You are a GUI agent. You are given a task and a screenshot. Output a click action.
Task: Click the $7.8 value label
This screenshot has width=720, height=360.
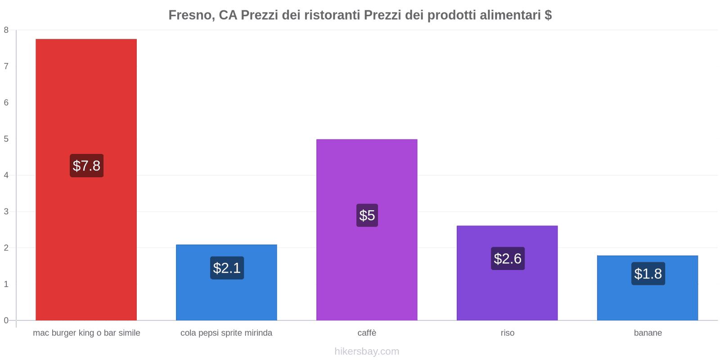tap(86, 166)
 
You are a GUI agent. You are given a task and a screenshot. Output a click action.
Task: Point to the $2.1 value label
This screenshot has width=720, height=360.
tap(227, 268)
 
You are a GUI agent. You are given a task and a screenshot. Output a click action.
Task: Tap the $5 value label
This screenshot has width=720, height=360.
tap(367, 215)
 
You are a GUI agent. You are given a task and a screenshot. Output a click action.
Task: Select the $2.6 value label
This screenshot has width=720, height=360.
tap(508, 259)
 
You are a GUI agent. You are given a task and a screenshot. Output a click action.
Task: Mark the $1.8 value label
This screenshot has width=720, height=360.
tap(648, 274)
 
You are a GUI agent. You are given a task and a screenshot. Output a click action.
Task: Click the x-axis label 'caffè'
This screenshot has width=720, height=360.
tap(367, 333)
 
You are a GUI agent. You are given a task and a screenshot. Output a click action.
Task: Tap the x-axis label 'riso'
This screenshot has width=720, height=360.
tap(507, 333)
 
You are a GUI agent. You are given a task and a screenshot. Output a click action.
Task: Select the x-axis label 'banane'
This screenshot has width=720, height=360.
tap(648, 333)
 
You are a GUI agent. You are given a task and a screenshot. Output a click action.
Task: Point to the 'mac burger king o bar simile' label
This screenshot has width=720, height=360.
tap(86, 333)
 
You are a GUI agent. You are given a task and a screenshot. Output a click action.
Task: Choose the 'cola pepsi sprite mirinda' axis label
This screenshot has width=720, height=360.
tap(226, 333)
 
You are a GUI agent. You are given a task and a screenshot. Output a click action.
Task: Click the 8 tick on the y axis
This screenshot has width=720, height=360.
tap(6, 30)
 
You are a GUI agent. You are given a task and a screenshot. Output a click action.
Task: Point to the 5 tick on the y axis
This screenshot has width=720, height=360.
tap(6, 139)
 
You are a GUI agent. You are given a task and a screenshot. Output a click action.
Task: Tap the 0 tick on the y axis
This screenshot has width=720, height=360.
tap(6, 320)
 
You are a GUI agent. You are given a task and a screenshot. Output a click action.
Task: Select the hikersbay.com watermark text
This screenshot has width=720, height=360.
tap(367, 351)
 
